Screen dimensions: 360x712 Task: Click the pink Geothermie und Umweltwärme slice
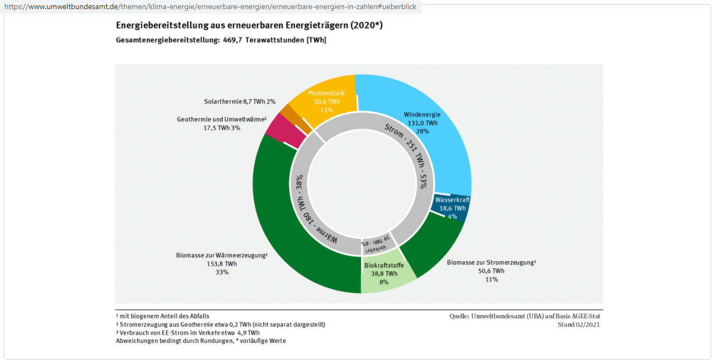(280, 131)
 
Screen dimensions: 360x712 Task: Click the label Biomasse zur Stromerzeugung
(491, 262)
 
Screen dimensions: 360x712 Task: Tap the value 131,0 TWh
(422, 123)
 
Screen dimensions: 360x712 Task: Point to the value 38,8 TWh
(384, 273)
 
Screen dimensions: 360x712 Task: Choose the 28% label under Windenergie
(422, 131)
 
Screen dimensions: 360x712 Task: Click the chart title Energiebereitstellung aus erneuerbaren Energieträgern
(249, 26)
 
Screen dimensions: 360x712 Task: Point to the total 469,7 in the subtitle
(233, 40)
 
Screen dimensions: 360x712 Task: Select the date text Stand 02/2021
(578, 324)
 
